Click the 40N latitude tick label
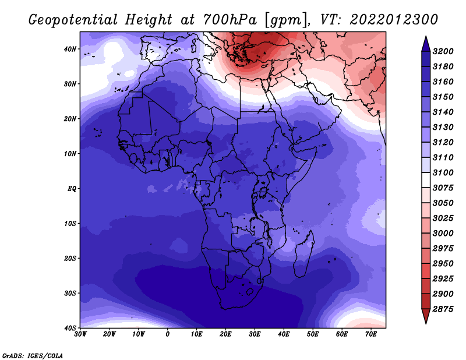(x=70, y=49)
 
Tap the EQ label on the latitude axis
(x=72, y=189)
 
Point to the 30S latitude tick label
(x=70, y=294)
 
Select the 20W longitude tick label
(x=110, y=334)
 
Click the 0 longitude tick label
(x=168, y=334)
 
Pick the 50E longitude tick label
(x=313, y=334)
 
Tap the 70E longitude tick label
(x=371, y=334)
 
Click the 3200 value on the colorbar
(x=443, y=51)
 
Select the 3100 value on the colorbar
(x=443, y=172)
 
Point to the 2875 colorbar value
(x=443, y=309)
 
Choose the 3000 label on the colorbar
(x=443, y=234)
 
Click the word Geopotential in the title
(x=73, y=20)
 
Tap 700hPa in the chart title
(x=230, y=20)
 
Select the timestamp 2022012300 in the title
(x=394, y=20)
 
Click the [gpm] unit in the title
(x=286, y=20)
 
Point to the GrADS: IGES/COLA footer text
(x=33, y=355)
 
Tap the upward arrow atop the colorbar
(x=426, y=44)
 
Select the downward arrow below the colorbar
(x=426, y=316)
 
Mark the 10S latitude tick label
(x=70, y=224)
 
